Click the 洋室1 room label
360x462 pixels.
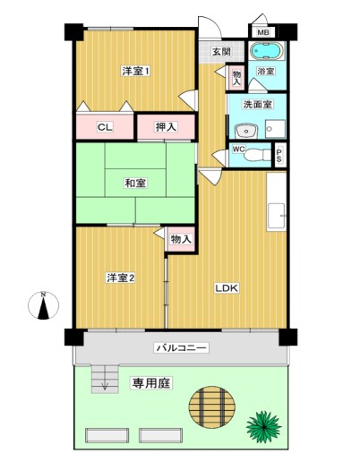135,71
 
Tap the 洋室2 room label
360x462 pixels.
120,278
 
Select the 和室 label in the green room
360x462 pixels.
135,184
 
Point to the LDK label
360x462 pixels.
226,288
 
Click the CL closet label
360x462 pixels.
105,127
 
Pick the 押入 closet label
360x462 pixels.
166,127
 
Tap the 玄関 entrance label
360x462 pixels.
221,52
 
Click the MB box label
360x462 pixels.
263,33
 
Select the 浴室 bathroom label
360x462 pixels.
265,71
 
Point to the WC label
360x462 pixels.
238,150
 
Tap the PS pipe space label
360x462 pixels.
279,156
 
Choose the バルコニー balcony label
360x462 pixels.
182,346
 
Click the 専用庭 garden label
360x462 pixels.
151,383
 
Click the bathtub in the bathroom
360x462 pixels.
267,52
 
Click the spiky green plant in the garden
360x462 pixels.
263,423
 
